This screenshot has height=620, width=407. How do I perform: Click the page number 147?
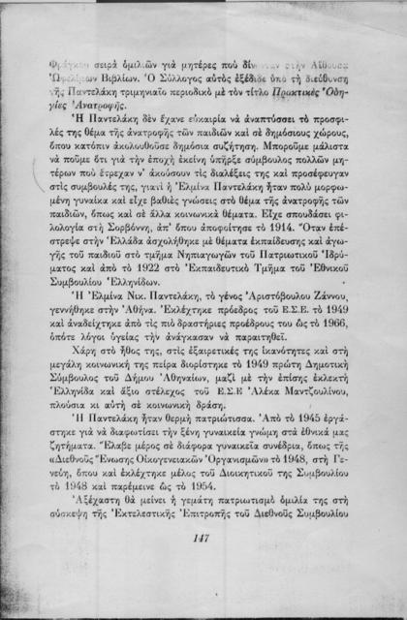(x=203, y=540)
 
